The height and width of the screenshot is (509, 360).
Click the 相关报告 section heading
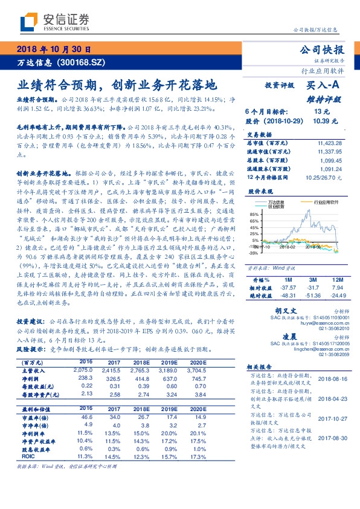261,367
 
